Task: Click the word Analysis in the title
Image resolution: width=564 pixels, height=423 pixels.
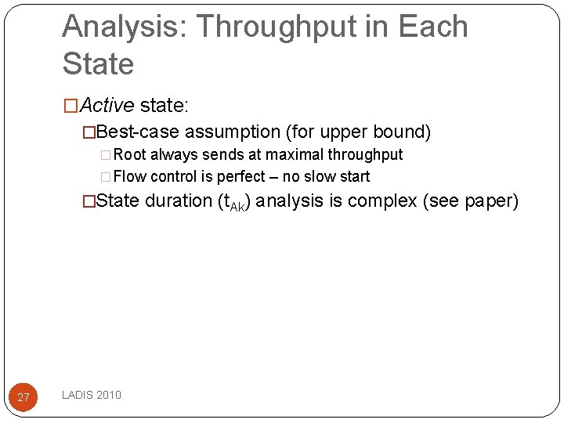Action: [124, 27]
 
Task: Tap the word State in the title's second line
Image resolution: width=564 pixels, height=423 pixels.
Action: [98, 64]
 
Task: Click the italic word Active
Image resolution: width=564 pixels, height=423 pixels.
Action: [108, 104]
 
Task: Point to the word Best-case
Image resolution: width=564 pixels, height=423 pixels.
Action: [139, 132]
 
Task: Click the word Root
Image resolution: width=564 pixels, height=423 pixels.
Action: [130, 154]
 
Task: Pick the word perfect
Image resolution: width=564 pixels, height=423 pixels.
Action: [240, 176]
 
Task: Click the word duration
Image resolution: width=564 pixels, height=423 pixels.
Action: [179, 201]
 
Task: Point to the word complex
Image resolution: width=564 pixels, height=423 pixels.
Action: [381, 201]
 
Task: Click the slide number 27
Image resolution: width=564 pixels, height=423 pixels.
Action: [23, 397]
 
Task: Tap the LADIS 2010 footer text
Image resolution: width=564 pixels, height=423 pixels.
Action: [92, 395]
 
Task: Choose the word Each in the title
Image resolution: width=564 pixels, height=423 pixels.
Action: [433, 27]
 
